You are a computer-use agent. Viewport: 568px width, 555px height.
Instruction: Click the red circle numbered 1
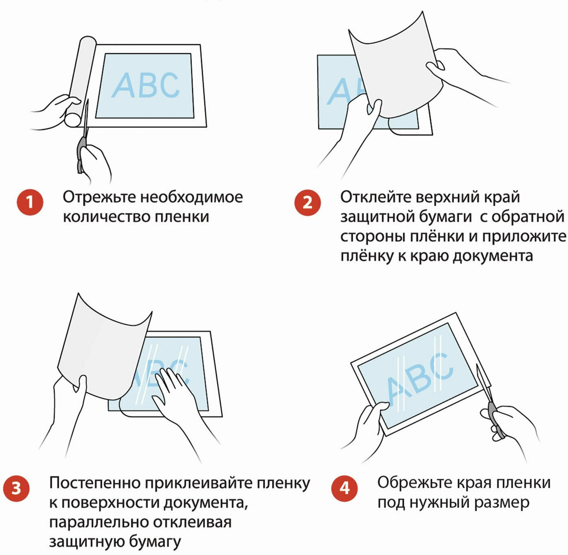click(x=30, y=203)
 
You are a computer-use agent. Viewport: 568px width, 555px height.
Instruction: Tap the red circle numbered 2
click(x=307, y=203)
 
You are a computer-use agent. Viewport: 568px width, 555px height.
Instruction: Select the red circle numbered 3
click(x=16, y=489)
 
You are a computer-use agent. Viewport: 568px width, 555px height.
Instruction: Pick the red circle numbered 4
click(x=345, y=489)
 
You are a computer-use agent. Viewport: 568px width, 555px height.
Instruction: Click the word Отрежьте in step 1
click(x=99, y=197)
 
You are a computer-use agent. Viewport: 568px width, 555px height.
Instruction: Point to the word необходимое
click(x=192, y=197)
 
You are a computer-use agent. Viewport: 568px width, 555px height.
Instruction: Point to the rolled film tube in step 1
click(x=80, y=82)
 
